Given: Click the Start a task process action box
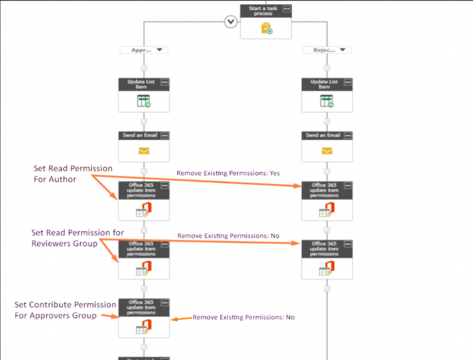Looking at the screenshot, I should pos(265,22).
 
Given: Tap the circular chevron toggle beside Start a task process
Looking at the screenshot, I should pos(230,22).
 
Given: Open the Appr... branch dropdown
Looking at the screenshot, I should pos(144,50).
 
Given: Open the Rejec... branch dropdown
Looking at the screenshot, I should pos(326,50).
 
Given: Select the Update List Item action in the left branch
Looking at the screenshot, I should pos(144,95).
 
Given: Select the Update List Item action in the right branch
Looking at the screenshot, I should pos(326,95).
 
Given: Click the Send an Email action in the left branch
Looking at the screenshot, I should pos(144,145).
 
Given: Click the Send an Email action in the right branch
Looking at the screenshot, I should pos(326,145).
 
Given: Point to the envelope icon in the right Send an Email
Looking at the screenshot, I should pos(326,151).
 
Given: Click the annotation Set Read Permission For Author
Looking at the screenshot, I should pos(73,174).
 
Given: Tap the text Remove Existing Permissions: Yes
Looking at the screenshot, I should pos(228,174).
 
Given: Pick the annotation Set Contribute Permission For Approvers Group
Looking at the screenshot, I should pos(65,310).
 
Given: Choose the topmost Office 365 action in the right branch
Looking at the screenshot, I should pos(326,201).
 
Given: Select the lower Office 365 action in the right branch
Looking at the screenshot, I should pos(326,258).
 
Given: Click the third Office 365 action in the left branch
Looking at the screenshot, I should pos(144,318).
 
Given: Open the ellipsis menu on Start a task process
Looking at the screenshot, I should pos(286,9).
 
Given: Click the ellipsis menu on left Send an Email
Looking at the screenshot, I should pos(164,135).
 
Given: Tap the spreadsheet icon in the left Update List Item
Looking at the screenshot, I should pos(144,102).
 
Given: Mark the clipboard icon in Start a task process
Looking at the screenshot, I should pos(266,28).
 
